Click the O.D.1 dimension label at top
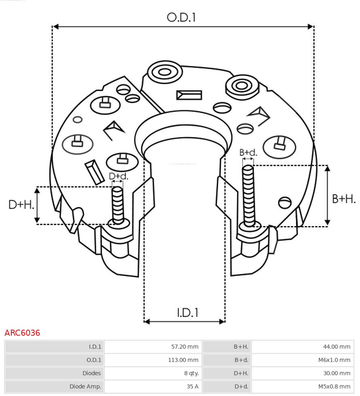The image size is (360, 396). (x=181, y=17)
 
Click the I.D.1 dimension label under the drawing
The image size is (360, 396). (x=187, y=312)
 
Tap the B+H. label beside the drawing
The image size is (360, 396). (x=343, y=199)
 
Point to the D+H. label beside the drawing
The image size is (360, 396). (x=21, y=205)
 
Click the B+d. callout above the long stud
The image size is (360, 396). (x=248, y=152)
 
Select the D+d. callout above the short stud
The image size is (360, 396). (x=118, y=176)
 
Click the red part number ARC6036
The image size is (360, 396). (x=22, y=333)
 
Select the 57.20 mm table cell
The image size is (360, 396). (x=184, y=347)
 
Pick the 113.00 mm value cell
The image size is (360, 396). (x=183, y=360)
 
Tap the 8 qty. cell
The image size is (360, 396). (x=191, y=373)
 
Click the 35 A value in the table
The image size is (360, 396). (x=192, y=386)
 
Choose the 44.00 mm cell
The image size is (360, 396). (x=337, y=347)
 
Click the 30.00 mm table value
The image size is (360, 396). (x=337, y=373)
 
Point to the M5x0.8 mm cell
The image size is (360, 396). (x=334, y=386)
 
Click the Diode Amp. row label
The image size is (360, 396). (x=85, y=386)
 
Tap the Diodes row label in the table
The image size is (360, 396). (x=91, y=373)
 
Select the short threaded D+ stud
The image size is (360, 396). (x=118, y=205)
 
